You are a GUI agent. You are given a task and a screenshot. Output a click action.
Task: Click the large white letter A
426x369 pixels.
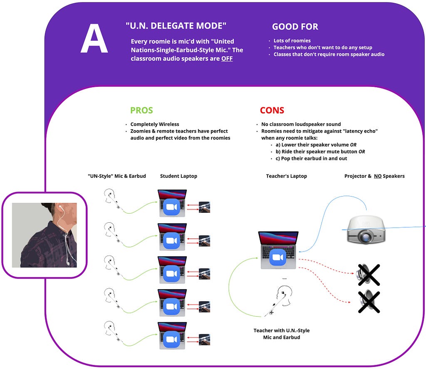[94, 38]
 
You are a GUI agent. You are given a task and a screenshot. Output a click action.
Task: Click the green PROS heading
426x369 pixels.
[141, 110]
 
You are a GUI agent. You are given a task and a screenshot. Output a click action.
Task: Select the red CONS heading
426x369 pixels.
[272, 110]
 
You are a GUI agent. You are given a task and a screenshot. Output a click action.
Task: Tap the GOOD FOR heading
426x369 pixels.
[295, 27]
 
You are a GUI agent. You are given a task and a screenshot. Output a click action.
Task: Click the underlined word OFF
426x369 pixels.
[227, 59]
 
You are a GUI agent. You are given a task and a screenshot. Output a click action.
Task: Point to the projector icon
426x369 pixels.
[366, 229]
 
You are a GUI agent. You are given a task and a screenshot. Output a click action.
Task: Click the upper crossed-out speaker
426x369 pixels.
[369, 275]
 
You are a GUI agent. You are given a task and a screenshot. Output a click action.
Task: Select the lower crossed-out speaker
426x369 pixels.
[369, 302]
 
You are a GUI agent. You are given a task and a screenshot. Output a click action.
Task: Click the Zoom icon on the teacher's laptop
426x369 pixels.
[277, 257]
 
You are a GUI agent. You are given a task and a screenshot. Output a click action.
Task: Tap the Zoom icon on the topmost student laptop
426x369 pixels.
[171, 207]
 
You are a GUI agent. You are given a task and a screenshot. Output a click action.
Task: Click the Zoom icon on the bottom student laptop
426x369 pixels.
[171, 339]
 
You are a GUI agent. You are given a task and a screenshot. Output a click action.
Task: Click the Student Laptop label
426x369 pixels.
[178, 176]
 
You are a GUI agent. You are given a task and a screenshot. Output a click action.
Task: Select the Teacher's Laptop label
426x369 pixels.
[286, 176]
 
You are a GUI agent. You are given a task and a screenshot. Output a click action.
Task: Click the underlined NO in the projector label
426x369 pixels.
[378, 176]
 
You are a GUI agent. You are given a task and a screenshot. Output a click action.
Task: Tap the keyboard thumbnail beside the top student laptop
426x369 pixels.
[204, 207]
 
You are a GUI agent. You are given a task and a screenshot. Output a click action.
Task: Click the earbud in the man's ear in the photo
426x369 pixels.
[60, 208]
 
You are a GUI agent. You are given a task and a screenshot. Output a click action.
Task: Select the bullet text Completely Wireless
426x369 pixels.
[155, 124]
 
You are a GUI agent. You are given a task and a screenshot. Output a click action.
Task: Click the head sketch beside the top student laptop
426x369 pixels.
[110, 196]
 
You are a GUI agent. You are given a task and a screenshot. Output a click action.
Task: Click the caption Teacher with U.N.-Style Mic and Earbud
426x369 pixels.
[282, 334]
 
